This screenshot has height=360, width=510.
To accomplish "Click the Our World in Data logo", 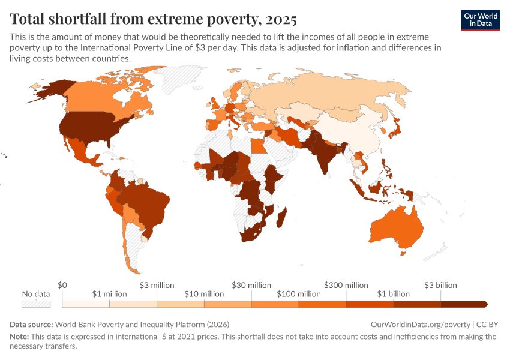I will (481, 20).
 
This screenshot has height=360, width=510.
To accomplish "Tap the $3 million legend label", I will (157, 285).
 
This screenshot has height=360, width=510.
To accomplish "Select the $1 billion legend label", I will (393, 294).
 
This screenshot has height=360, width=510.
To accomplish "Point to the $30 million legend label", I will (251, 285).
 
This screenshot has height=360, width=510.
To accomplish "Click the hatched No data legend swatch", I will (35, 304).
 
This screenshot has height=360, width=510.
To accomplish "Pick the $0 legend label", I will (62, 285).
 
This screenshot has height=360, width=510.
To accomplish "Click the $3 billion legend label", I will (440, 285).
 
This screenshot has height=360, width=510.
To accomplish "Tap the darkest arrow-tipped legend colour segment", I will (465, 304).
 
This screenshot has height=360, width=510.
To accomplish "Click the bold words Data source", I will (31, 324).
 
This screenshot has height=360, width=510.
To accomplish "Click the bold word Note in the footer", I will (20, 337).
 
